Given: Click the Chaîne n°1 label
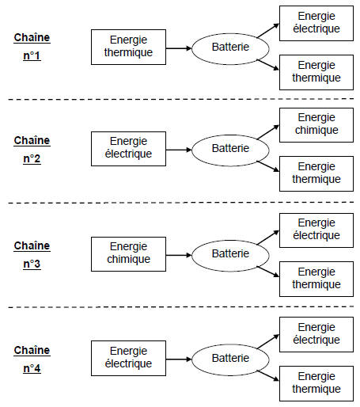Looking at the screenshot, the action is point(32,47).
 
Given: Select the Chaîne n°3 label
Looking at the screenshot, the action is point(32,255).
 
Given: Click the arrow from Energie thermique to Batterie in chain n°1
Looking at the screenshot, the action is point(179,48).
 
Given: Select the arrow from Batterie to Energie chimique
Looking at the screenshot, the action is point(267,131).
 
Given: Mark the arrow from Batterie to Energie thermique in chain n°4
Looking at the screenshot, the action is point(267,375).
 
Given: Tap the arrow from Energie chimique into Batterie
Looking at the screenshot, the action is point(179,255).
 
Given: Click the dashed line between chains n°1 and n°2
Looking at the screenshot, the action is point(181,99).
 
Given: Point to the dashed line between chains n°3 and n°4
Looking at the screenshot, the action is point(181,307).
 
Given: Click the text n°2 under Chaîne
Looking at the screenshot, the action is point(32,158).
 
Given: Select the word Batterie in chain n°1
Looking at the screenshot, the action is point(230,47).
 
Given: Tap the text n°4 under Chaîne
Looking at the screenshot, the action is point(32,368).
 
